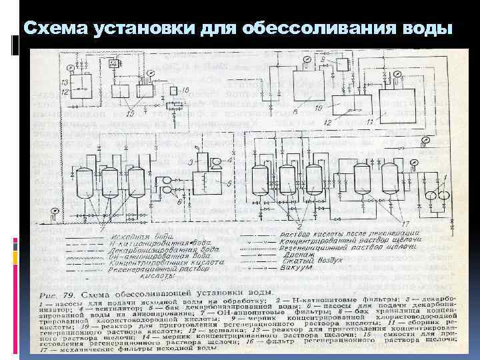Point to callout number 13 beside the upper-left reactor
pos(65,81)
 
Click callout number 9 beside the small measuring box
pos(323,60)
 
